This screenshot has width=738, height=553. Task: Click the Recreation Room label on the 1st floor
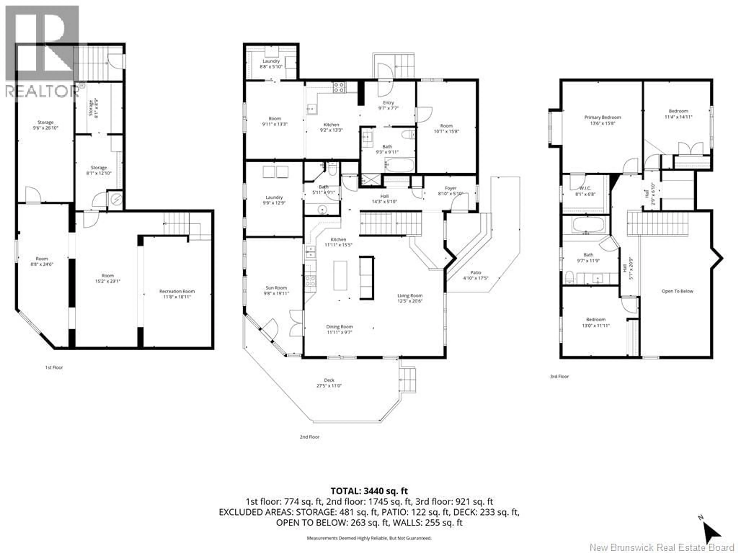pos(177,291)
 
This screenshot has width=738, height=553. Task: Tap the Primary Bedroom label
pos(603,117)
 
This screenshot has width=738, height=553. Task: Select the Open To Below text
pos(677,291)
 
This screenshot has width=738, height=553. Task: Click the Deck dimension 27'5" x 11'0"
pos(329,386)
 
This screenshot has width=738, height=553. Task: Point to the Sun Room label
pos(276,288)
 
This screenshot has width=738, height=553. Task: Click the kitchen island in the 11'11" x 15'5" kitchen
pos(340,275)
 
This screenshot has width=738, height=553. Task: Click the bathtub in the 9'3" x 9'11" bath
pos(400,165)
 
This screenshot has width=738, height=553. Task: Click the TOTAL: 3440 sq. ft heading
pos(369,491)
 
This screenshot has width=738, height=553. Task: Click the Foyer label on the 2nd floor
pos(450,188)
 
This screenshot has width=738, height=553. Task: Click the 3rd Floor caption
pos(559,376)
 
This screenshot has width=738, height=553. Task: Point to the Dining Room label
pos(339,327)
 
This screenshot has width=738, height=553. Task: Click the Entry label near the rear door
pos(388,103)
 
